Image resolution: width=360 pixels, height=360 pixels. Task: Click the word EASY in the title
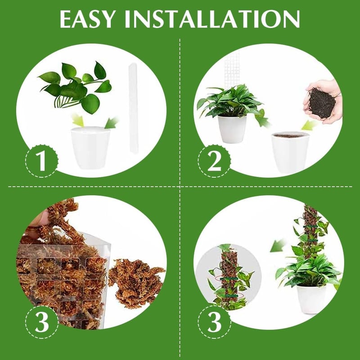[x=87, y=19]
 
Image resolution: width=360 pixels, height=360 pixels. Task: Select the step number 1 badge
[x=41, y=161]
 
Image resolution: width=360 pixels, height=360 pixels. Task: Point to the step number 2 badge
[x=214, y=161]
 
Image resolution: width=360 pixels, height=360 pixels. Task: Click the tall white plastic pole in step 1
[x=132, y=108]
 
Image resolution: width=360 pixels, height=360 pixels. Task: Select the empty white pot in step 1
[x=90, y=148]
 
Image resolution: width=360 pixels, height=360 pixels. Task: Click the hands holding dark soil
[x=323, y=103]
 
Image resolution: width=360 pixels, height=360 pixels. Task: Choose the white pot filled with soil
[x=290, y=153]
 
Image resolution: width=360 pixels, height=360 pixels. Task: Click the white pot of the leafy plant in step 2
[x=232, y=129]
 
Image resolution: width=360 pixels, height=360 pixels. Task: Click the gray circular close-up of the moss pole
[x=229, y=277]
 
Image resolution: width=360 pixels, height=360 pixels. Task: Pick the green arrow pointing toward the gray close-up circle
[x=278, y=246]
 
